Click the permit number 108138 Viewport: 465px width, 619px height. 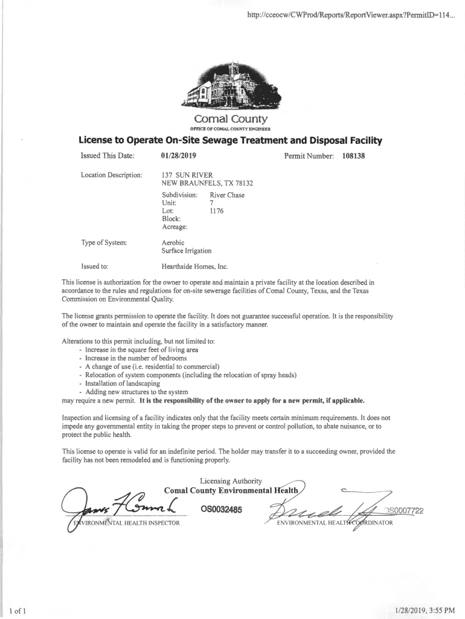[354, 156]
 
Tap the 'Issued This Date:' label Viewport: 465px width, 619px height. [107, 156]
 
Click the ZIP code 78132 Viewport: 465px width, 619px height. [241, 183]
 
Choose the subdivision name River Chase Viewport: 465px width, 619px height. [227, 195]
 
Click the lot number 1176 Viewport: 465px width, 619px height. [216, 211]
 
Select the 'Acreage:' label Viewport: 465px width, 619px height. [175, 227]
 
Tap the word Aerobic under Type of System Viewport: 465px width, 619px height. [173, 242]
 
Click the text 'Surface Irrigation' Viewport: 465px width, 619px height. [187, 251]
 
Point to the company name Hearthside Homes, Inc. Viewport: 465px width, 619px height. [195, 266]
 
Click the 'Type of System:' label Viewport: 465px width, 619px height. [104, 242]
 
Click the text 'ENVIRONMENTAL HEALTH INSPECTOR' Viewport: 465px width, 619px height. [127, 523]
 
